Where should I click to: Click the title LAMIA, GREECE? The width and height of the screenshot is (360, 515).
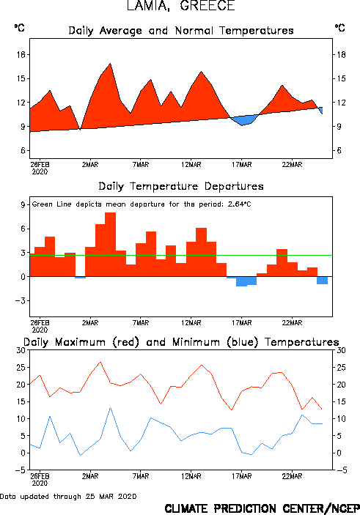pos(181,6)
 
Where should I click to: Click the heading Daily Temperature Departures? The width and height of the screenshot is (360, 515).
pos(181,187)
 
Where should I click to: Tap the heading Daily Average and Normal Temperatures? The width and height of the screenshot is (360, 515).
pos(181,31)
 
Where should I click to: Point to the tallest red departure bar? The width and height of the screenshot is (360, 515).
pos(111,245)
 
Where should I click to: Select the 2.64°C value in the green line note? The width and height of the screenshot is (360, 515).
pos(239,204)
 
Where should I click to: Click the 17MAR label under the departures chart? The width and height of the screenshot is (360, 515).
pos(242,323)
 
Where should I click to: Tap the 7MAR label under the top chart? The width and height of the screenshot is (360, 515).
pos(141,165)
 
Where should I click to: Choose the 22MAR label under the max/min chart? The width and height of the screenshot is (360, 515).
pos(292,476)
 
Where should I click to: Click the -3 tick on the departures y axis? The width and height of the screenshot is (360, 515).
pos(21,301)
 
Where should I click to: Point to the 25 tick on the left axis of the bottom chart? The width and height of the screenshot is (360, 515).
pos(21,368)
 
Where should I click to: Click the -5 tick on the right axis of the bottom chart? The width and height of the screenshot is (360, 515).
pos(341,470)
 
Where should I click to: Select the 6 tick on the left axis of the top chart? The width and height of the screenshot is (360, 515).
pos(23,151)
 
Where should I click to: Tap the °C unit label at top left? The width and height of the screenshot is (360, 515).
pos(19,28)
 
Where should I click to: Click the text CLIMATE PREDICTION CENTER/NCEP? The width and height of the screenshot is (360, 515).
pos(262,508)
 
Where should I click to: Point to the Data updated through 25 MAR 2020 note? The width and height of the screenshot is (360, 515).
pos(68,496)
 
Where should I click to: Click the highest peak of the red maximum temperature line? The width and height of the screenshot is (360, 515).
pos(100,363)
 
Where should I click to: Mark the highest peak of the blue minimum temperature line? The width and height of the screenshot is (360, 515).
pos(111,407)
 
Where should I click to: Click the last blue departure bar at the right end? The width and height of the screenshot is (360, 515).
pos(322,280)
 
